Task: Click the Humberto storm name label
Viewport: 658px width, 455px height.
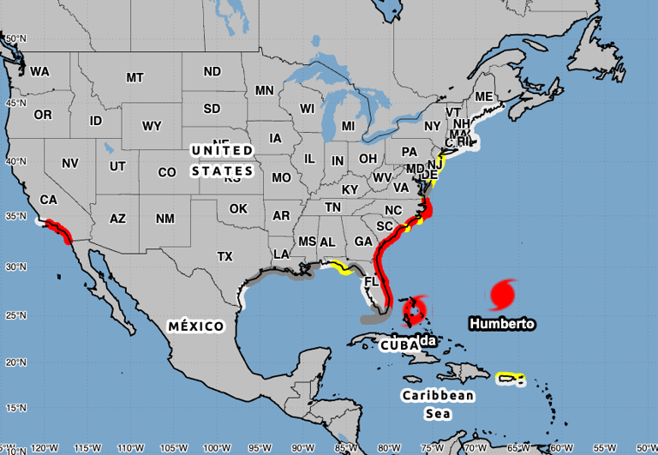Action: click(x=502, y=324)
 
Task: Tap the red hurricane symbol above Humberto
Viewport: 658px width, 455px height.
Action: click(x=503, y=294)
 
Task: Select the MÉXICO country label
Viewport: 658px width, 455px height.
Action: click(x=196, y=326)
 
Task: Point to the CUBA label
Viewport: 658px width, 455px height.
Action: click(x=398, y=345)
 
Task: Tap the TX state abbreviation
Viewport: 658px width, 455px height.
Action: click(x=225, y=256)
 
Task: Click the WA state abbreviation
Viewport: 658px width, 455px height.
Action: click(x=39, y=71)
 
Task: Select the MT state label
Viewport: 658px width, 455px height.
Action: click(x=135, y=77)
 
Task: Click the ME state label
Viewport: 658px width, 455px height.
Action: click(x=484, y=96)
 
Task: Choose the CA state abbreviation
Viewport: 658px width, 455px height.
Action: click(x=48, y=200)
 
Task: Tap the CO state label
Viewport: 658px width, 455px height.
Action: click(x=167, y=172)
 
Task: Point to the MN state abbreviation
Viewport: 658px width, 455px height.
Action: click(x=264, y=90)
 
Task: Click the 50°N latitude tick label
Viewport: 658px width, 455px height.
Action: click(x=14, y=39)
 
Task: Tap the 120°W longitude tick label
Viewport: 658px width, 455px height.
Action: click(x=45, y=447)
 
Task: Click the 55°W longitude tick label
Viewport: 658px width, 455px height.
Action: click(x=604, y=447)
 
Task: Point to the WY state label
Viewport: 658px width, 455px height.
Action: click(x=152, y=127)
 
